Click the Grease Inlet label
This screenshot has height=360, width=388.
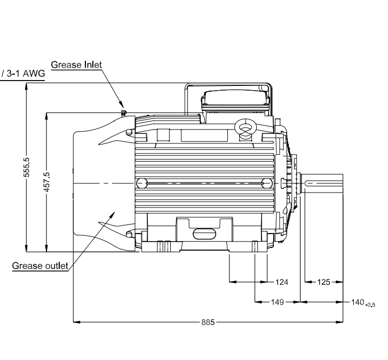(76, 65)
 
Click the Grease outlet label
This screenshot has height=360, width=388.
(41, 266)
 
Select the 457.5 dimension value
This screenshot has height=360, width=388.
(47, 182)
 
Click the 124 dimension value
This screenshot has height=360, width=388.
(281, 281)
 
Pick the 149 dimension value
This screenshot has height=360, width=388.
(277, 302)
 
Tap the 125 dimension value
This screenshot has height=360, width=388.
(324, 281)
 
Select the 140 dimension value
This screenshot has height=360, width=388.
(357, 302)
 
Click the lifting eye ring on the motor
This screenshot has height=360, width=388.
(246, 128)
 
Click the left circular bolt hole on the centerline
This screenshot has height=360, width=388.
(141, 183)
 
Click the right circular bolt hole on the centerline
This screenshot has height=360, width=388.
(267, 183)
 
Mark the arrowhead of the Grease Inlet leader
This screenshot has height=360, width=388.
(122, 106)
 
